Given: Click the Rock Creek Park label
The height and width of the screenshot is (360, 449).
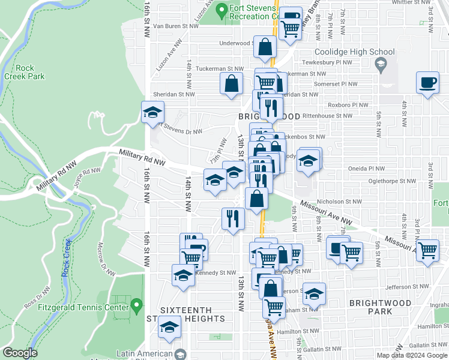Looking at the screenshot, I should pos(24,72).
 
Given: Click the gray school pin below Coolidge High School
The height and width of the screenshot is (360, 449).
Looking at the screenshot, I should pos(379,64).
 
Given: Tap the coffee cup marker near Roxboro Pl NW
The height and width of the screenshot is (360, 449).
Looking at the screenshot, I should pos(429,83).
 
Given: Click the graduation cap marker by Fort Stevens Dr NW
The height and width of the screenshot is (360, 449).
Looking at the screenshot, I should pos(153,112).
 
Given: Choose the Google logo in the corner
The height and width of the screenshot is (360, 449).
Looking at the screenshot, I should pos(20,353).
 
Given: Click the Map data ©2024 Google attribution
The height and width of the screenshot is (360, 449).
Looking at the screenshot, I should pos(412,355).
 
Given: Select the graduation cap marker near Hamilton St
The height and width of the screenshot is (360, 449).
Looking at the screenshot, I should pos(170,329).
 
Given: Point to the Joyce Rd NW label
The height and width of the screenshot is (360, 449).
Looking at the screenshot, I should pos(86,178).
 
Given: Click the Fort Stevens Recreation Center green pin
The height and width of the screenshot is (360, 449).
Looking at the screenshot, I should pos(221,11).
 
